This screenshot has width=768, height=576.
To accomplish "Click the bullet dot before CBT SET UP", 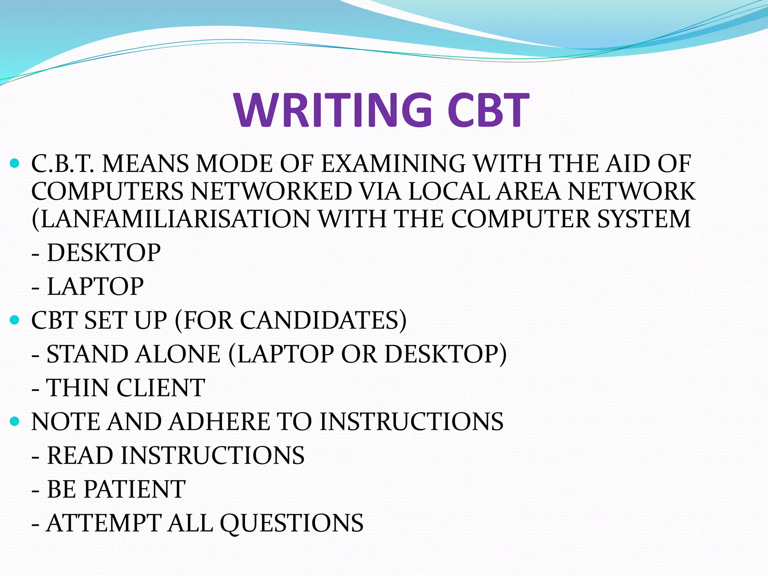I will pos(15,320).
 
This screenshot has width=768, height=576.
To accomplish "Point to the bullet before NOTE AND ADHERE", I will pos(15,421).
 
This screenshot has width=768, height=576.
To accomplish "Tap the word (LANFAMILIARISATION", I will pos(171,219).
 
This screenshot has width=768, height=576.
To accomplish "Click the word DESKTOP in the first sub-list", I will pos(104,253).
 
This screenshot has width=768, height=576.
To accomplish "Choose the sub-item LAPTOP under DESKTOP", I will pos(95,286).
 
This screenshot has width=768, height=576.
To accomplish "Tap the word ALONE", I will pos(178,354).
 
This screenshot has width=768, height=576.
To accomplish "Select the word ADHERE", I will pos(219,421).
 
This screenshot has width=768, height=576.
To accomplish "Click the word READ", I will pos(80,456).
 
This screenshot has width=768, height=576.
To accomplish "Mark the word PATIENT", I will pos(135,489).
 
